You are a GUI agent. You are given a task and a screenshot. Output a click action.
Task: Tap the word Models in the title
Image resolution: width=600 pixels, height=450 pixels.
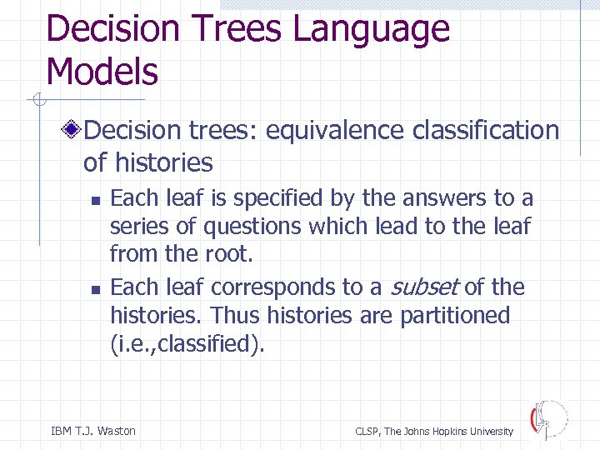102,72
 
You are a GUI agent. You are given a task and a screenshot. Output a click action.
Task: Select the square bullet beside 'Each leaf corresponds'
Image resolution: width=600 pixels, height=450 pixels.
96,289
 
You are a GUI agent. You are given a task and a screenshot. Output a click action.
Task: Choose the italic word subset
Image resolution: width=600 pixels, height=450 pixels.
423,287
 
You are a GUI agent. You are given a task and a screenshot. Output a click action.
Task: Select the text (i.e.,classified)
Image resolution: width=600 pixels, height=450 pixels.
187,343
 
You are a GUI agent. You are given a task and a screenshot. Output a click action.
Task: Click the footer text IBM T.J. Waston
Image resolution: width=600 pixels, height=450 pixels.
92,431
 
